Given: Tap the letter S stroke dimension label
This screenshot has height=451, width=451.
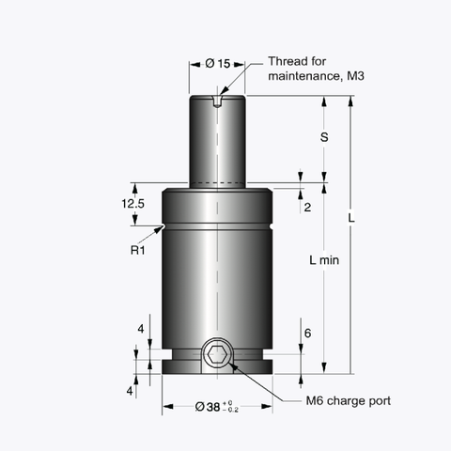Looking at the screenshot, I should [324, 136].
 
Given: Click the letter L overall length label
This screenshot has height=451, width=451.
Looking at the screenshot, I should [350, 219].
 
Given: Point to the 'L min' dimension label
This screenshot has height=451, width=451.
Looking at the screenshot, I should [323, 259].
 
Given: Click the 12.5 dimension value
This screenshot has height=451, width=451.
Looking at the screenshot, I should [132, 203].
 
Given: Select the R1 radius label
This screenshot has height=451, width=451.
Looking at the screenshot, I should [137, 250].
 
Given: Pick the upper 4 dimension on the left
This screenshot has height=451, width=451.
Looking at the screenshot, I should [140, 329].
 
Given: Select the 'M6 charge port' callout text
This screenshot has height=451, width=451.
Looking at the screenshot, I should [349, 401].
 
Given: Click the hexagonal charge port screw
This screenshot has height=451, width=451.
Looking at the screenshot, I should [218, 355].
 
